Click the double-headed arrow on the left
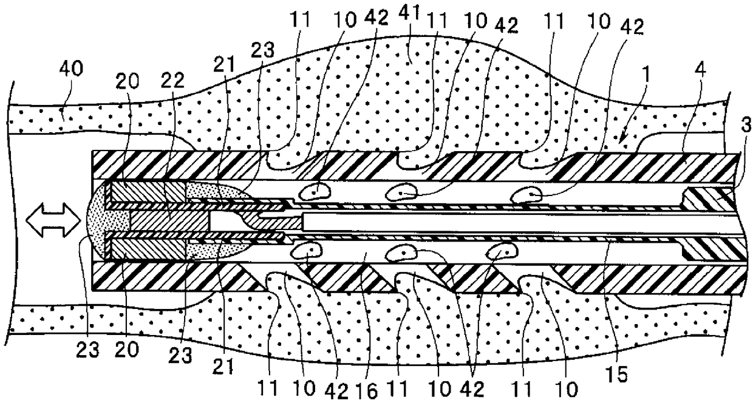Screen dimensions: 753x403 [53, 220]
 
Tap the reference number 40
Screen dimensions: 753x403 [71, 69]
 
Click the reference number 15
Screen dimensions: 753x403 [618, 374]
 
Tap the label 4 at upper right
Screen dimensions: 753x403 [700, 69]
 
